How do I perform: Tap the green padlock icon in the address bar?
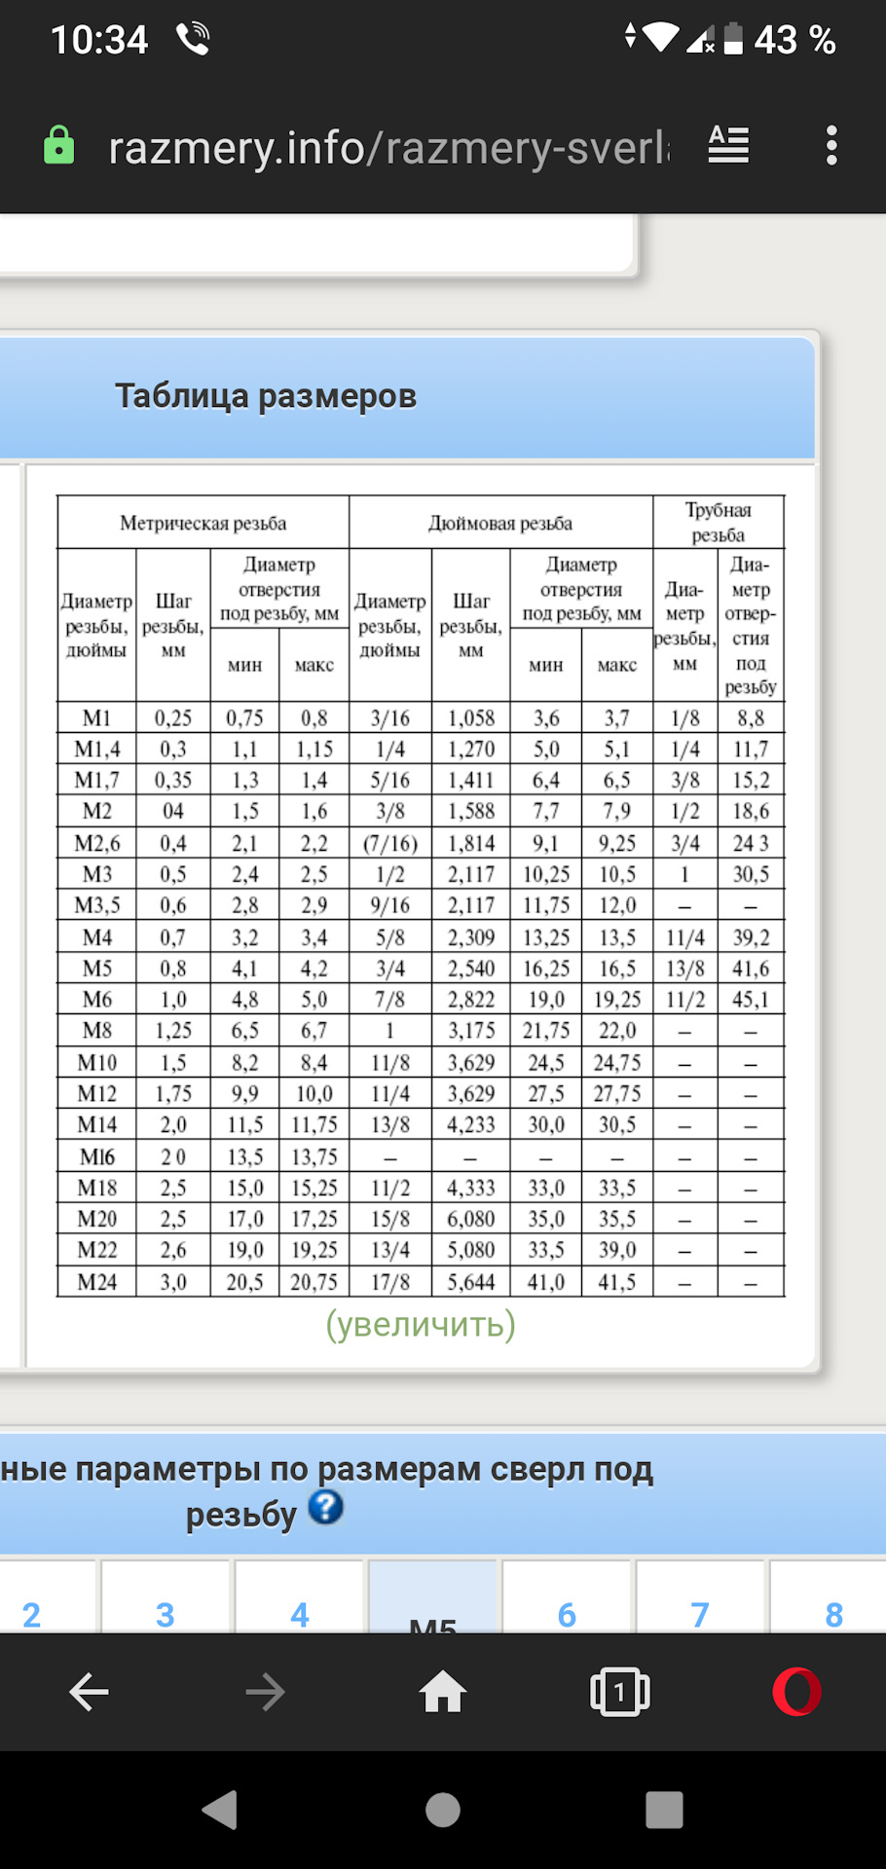59,146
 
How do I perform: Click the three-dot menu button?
831,146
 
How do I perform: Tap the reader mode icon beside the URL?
728,145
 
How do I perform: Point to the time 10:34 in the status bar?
98,40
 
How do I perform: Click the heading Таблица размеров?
266,396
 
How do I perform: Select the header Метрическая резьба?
203,524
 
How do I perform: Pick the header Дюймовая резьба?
500,524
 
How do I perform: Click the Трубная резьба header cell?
718,523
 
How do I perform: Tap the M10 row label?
96,1062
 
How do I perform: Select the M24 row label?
96,1282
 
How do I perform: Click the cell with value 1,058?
471,718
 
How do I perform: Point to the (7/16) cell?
389,843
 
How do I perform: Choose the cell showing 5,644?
471,1282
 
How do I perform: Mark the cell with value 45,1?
751,1000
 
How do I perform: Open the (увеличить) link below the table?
421,1325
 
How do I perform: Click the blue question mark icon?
326,1507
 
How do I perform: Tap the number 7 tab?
700,1614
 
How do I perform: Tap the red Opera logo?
796,1692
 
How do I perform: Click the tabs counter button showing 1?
619,1692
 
